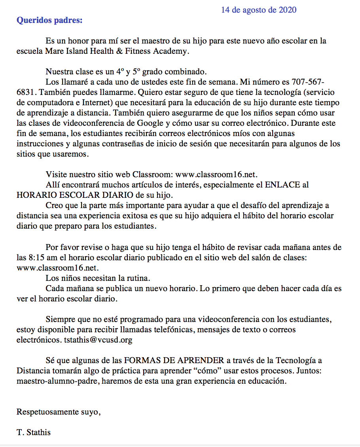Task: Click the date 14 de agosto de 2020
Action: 258,10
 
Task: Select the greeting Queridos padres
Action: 49,20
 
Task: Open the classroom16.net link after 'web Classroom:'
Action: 216,174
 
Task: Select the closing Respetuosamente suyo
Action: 58,412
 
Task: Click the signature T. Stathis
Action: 34,432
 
